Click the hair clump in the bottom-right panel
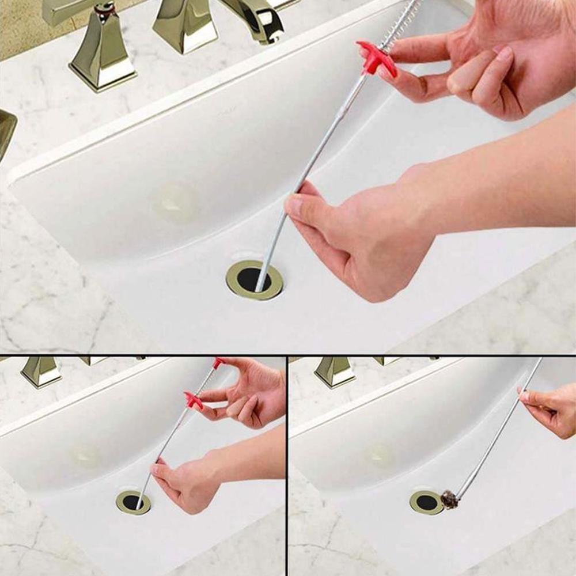tap(450, 499)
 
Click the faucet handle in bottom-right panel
tap(334, 371)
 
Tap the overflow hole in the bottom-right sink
tap(380, 454)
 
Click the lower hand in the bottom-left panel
tap(184, 481)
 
